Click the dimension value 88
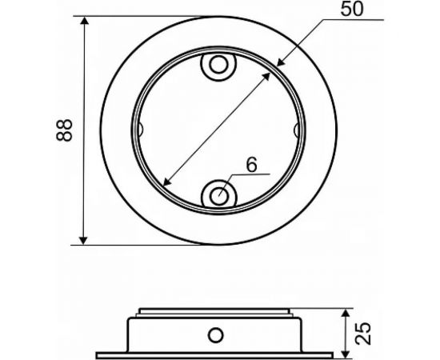[66, 130]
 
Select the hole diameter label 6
[251, 166]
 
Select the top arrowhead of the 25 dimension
[345, 312]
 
